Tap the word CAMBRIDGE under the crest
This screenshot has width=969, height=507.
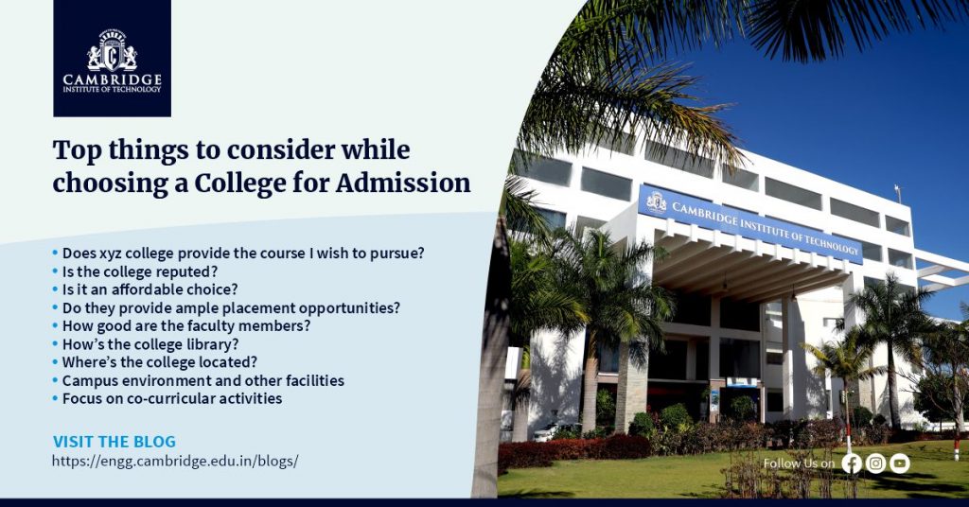pyautogui.click(x=112, y=79)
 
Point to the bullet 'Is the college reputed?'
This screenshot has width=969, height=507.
pyautogui.click(x=140, y=271)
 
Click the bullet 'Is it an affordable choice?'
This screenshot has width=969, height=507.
pyautogui.click(x=150, y=289)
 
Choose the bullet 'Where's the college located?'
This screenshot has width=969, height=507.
pyautogui.click(x=159, y=362)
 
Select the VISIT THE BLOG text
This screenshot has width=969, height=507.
pyautogui.click(x=115, y=442)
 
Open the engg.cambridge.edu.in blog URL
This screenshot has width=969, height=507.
pyautogui.click(x=175, y=461)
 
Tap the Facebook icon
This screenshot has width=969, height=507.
pyautogui.click(x=852, y=463)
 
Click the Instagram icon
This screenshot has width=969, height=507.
pyautogui.click(x=875, y=463)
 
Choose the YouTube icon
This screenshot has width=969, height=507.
pyautogui.click(x=900, y=463)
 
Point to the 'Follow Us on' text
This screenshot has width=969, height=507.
pyautogui.click(x=799, y=463)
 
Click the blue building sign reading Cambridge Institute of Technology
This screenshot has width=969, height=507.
pyautogui.click(x=749, y=223)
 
